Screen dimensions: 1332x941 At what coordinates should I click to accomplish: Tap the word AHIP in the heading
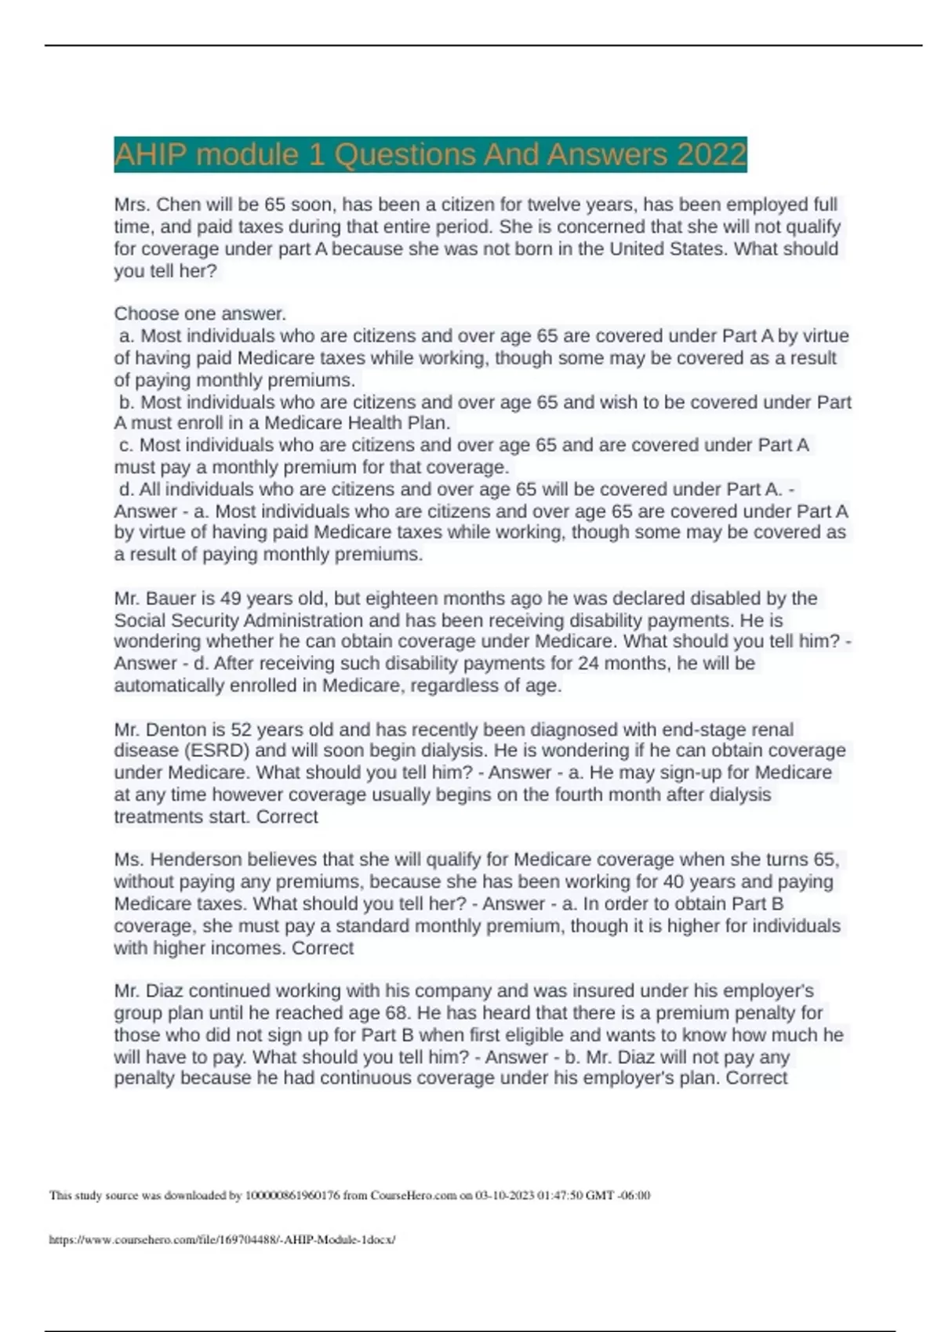pos(151,154)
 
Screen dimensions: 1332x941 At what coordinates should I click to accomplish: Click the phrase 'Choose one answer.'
pos(200,313)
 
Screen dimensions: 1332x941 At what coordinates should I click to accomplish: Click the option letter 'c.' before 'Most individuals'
pos(126,445)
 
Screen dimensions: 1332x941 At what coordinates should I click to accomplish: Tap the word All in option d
pos(150,490)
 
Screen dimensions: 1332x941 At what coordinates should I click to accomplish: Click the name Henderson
pos(202,860)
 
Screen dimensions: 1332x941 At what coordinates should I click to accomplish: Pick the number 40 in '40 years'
pos(674,881)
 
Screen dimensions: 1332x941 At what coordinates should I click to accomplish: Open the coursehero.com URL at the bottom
pos(222,1240)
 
